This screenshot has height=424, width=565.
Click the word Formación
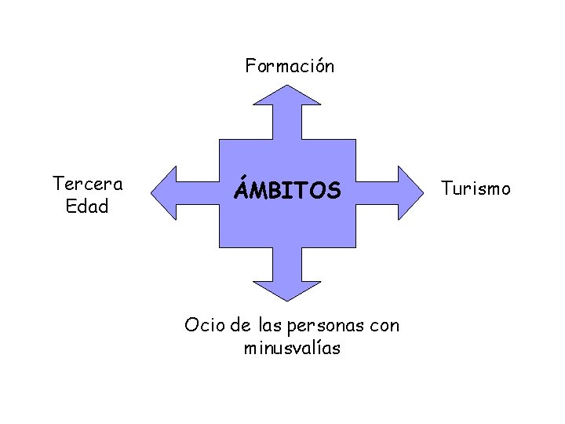point(290,66)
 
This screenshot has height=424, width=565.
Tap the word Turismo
point(476,188)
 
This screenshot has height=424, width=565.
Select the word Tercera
point(87,184)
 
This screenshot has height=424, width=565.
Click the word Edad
point(88,207)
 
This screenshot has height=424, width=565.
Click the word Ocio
point(200,324)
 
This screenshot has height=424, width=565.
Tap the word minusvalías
point(292,348)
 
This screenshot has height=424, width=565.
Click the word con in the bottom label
point(384,324)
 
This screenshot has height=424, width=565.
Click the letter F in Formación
point(250,66)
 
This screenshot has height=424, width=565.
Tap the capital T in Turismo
point(446,188)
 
